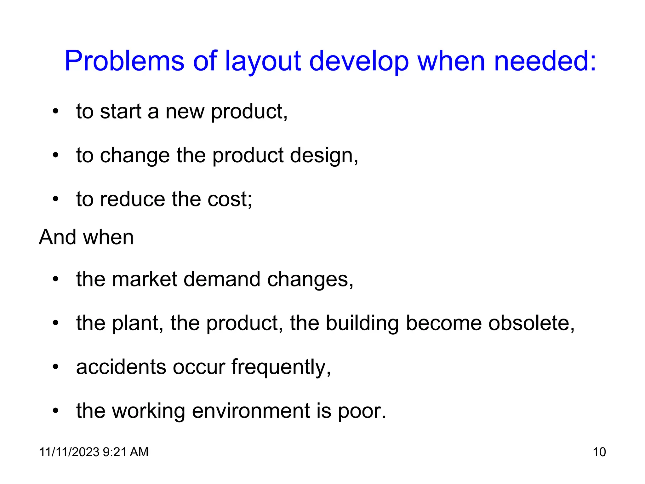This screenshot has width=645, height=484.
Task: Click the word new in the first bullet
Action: click(x=185, y=112)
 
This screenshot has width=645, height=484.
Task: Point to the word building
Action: click(x=362, y=324)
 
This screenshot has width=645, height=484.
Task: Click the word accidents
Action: click(x=121, y=367)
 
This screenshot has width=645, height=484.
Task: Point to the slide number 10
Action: click(x=599, y=452)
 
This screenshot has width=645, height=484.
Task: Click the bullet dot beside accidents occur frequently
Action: click(x=56, y=367)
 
